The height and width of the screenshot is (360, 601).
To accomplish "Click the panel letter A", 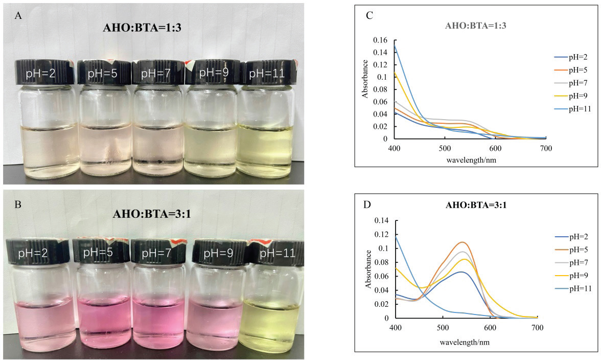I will [18, 15].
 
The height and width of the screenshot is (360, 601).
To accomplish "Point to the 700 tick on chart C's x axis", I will [545, 148].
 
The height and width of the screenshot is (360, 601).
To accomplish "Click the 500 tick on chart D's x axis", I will [443, 327].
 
